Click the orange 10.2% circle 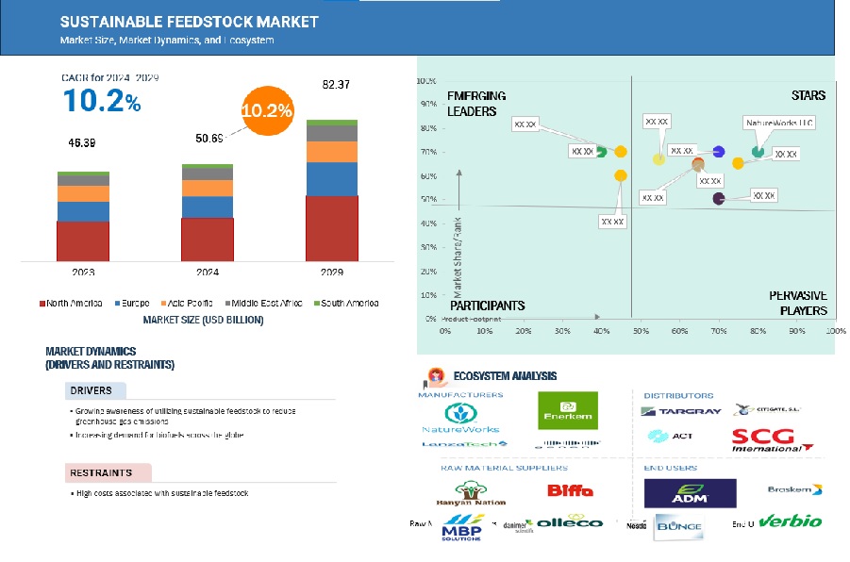click(267, 110)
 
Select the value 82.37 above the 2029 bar click(337, 85)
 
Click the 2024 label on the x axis click(208, 273)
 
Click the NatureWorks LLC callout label click(779, 124)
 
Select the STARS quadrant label click(808, 95)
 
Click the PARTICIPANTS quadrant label click(487, 306)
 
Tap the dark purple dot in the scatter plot click(719, 198)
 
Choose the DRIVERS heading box click(95, 390)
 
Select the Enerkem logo click(567, 410)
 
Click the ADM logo click(690, 492)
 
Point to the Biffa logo click(570, 490)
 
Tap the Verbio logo click(791, 521)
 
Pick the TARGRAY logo click(681, 411)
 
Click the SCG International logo click(774, 440)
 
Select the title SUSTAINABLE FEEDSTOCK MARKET click(189, 22)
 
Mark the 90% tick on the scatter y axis click(428, 104)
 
